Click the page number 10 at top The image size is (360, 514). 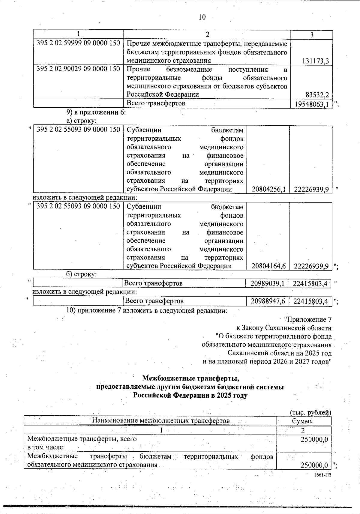202,17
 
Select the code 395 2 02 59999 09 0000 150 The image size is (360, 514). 78,43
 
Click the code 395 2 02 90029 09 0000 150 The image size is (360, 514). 78,69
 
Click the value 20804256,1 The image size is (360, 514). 268,189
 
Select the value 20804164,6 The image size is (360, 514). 268,266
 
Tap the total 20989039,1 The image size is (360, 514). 267,283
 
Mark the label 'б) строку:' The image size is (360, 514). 81,274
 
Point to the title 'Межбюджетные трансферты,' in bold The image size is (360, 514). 190,378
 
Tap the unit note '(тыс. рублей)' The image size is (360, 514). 310,412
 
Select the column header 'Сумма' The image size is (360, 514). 302,421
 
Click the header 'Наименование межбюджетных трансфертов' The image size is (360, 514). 161,420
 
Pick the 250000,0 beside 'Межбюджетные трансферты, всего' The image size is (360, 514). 314,439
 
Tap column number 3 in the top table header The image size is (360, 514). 312,35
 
